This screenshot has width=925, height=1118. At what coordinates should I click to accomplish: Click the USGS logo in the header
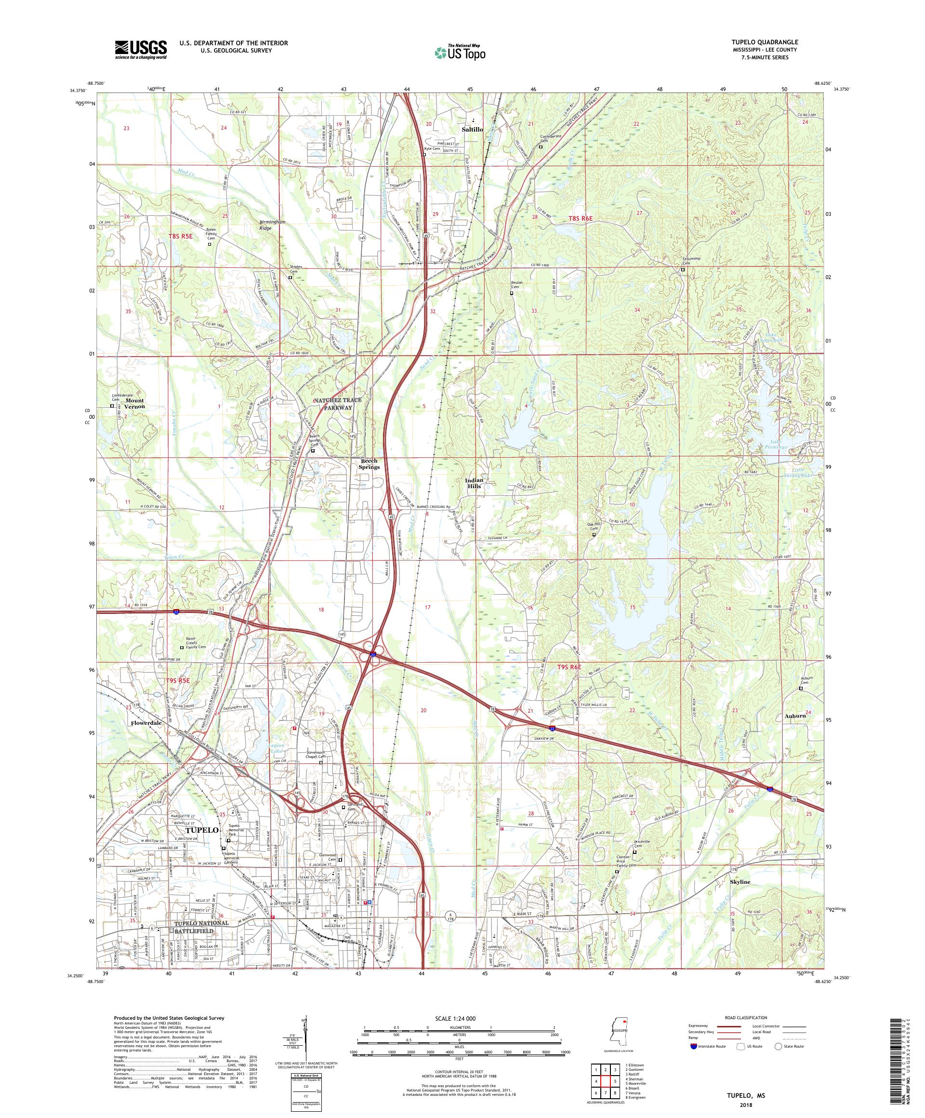coord(141,50)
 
